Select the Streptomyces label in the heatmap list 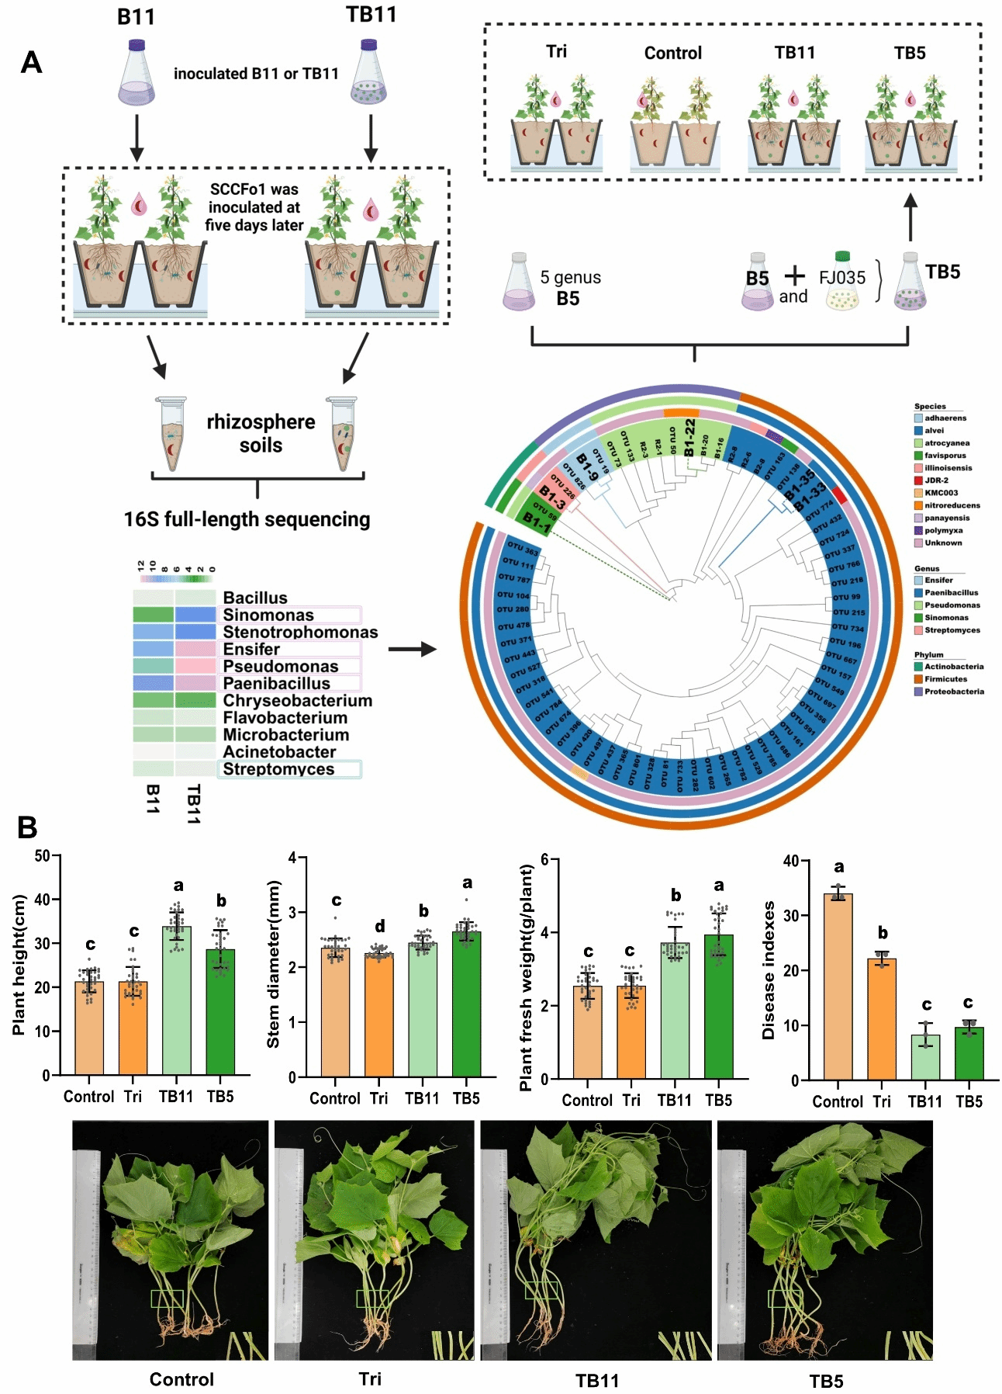coord(278,769)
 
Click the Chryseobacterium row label coord(297,701)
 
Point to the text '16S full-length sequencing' coord(247,519)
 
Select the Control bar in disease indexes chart coord(838,986)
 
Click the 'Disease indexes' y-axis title coord(769,970)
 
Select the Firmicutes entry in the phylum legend coord(945,679)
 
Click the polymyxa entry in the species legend coord(943,531)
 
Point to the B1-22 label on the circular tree coord(689,437)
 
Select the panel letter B coord(28,827)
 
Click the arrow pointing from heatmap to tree coord(413,649)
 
